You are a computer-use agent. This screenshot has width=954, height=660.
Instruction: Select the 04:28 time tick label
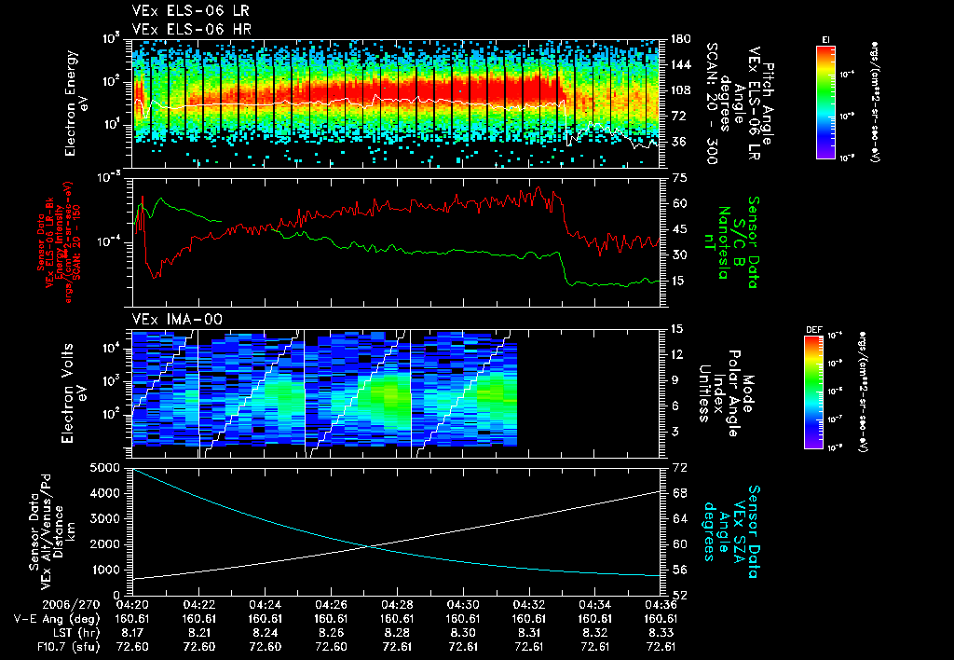pos(398,604)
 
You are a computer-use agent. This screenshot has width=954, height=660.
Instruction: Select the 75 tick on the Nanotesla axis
pos(677,177)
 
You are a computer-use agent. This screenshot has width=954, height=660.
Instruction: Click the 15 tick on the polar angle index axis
pos(677,329)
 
